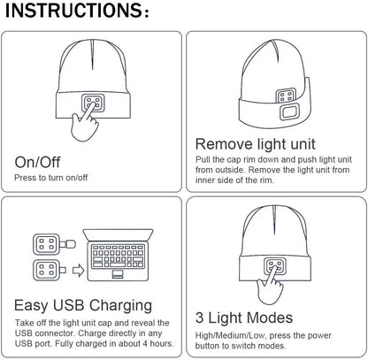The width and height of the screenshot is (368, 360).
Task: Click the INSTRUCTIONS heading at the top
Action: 77,11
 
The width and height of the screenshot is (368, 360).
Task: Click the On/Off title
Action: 37,162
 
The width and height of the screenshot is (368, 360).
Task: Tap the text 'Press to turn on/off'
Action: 51,178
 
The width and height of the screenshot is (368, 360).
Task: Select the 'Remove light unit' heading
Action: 256,144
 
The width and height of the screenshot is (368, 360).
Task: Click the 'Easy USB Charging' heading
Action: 83,305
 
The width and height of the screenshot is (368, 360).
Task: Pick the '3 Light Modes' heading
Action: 244,318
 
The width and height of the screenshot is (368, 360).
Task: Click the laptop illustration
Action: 118,255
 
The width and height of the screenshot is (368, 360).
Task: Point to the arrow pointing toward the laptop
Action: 78,271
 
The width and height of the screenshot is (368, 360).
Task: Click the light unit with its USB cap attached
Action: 54,244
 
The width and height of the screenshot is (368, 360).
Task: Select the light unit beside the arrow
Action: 50,271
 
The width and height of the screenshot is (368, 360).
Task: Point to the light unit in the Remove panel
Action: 286,96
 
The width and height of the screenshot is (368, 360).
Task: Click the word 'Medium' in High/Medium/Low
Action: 232,335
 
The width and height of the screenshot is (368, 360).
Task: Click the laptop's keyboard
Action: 118,256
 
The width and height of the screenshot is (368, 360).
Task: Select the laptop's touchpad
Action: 118,274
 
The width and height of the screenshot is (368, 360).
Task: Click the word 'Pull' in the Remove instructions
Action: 203,159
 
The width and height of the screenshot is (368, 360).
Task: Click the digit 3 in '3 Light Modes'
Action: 200,318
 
